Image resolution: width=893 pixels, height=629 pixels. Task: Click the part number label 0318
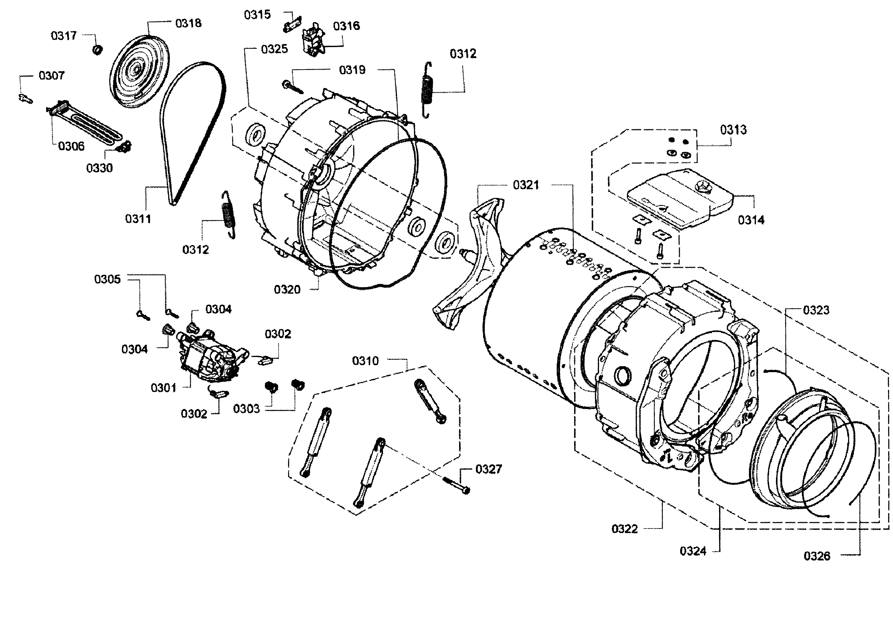tap(188, 23)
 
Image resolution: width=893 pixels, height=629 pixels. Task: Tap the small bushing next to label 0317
tap(97, 50)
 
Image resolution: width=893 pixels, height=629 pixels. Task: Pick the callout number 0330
tap(99, 168)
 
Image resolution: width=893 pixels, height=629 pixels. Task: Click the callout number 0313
tap(733, 130)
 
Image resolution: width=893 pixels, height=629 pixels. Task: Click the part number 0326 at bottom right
tap(817, 556)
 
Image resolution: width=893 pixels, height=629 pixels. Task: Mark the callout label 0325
tap(274, 49)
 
